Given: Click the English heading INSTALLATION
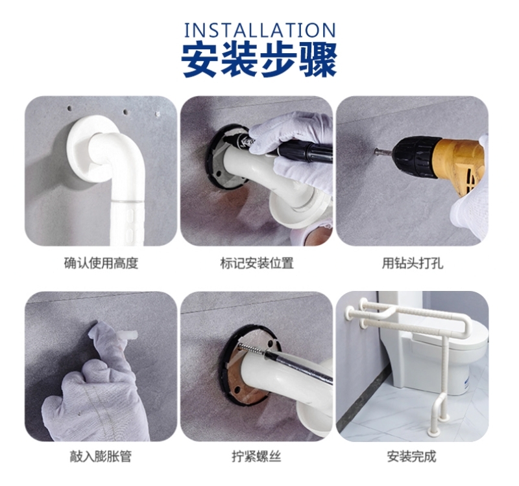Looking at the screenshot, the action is (260, 30).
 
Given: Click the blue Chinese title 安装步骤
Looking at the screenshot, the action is (260, 60).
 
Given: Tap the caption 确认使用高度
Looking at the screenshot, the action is (101, 264).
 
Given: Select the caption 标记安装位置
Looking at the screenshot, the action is (257, 264).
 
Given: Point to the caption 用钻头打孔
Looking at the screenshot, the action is (413, 264).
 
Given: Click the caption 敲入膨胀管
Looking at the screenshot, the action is (101, 457).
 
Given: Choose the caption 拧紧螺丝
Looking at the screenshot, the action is (256, 457).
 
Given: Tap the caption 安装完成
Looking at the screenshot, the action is (412, 457).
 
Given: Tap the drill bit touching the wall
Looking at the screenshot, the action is (383, 152).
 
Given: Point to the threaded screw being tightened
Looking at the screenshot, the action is (251, 350).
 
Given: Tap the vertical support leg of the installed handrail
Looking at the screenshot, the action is (444, 374).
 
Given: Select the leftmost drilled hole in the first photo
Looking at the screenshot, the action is (69, 108).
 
